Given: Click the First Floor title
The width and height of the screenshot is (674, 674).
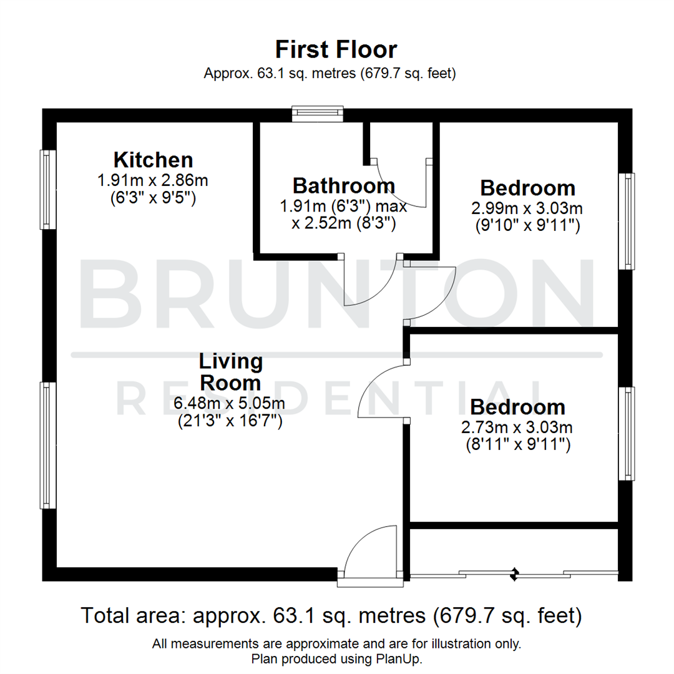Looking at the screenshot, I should click(x=336, y=49).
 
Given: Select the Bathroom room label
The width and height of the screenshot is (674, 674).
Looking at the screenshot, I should click(x=344, y=185).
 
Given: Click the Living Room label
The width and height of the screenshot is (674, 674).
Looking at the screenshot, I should click(x=230, y=371).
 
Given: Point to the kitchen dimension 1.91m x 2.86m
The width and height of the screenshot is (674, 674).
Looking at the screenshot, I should click(x=153, y=181).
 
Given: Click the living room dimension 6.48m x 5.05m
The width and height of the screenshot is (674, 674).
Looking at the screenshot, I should click(x=230, y=404).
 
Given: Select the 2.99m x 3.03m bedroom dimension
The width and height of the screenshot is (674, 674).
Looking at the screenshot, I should click(x=528, y=208).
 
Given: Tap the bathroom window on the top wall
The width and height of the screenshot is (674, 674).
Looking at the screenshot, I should click(x=318, y=113).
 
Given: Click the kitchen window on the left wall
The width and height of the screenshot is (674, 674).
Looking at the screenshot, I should click(x=48, y=189).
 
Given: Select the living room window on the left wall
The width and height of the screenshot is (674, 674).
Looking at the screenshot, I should click(x=48, y=445).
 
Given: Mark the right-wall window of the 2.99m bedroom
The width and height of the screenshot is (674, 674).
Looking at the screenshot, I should click(x=627, y=221).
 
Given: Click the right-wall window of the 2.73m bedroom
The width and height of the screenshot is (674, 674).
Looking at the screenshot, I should click(x=627, y=433).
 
